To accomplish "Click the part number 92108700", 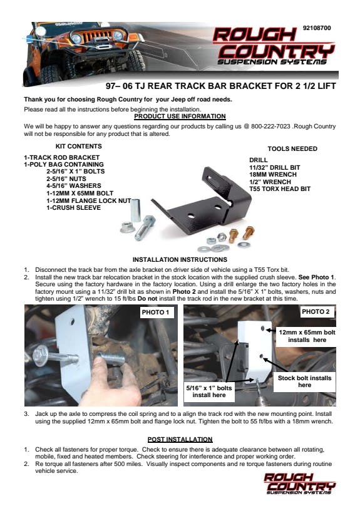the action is pyautogui.click(x=317, y=28).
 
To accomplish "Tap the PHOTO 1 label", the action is pyautogui.click(x=155, y=313).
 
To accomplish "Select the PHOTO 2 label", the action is pyautogui.click(x=316, y=312).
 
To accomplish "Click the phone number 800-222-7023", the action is pyautogui.click(x=270, y=126).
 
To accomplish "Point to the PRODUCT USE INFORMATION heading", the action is pyautogui.click(x=180, y=117).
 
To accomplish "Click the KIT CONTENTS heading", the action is pyautogui.click(x=79, y=147).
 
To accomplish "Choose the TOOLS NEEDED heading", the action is pyautogui.click(x=292, y=149).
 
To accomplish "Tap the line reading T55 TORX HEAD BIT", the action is pyautogui.click(x=280, y=189).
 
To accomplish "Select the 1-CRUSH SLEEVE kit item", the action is pyautogui.click(x=74, y=208).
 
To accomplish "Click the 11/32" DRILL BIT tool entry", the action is pyautogui.click(x=275, y=167).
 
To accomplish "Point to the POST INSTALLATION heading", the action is pyautogui.click(x=180, y=439).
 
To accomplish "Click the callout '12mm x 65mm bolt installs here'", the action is pyautogui.click(x=307, y=336).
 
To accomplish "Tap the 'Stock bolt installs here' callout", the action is pyautogui.click(x=304, y=381).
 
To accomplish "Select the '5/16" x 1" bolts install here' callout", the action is pyautogui.click(x=209, y=391).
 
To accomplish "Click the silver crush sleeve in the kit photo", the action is pyautogui.click(x=135, y=210).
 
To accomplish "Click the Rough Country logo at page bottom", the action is pyautogui.click(x=299, y=484).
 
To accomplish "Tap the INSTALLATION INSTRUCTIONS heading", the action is pyautogui.click(x=180, y=260).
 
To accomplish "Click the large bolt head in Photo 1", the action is pyautogui.click(x=41, y=356).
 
